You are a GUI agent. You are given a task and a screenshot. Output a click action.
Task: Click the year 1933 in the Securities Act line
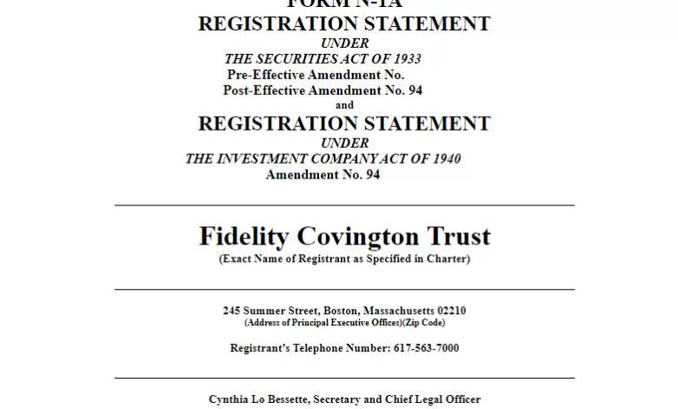click(404, 59)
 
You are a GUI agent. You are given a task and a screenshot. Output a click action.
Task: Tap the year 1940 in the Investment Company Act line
click(443, 159)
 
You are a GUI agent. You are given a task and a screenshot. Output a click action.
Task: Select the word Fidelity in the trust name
click(245, 236)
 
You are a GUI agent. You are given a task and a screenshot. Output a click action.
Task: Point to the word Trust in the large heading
click(458, 236)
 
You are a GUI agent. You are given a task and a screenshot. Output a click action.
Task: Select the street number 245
click(231, 311)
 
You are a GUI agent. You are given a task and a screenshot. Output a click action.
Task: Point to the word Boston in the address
click(341, 311)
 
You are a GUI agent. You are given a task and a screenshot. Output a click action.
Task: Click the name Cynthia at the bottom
click(229, 399)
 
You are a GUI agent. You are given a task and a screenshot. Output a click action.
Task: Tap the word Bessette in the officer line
click(297, 399)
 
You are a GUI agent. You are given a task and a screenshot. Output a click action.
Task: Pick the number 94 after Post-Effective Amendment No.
click(415, 91)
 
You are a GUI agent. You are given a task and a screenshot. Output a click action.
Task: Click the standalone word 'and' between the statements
click(344, 105)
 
